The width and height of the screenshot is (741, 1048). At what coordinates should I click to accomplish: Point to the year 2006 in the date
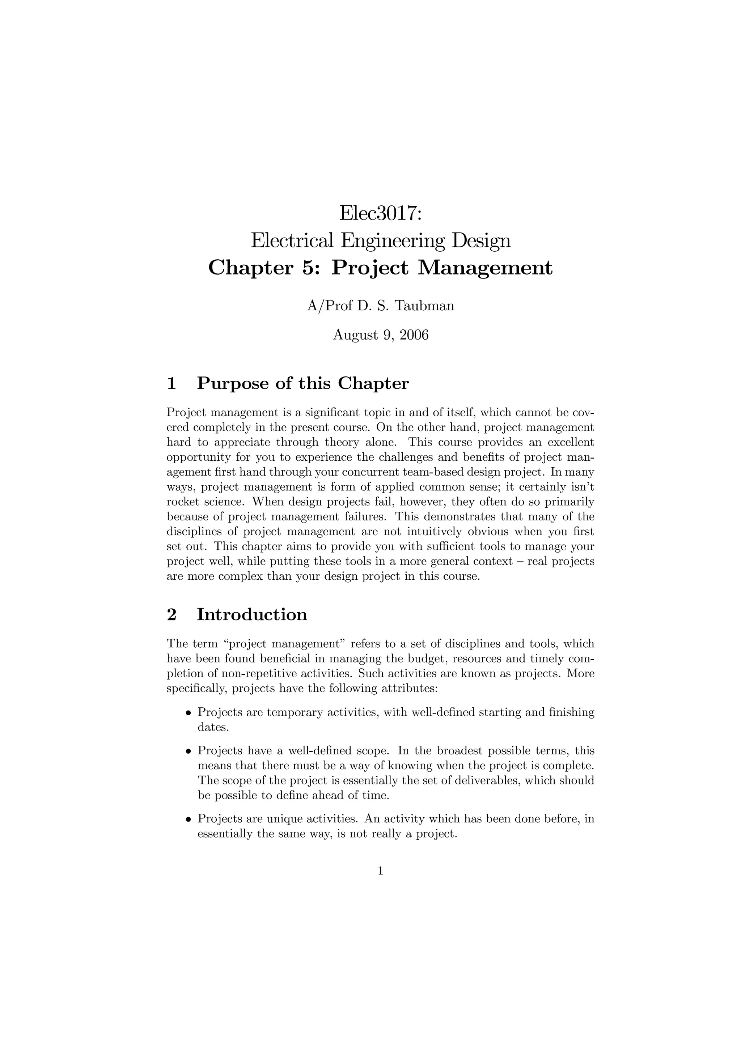pos(414,335)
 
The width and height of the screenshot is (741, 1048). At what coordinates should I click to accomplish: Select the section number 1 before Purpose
pos(172,383)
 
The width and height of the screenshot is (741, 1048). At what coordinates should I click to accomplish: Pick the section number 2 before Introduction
pos(172,614)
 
